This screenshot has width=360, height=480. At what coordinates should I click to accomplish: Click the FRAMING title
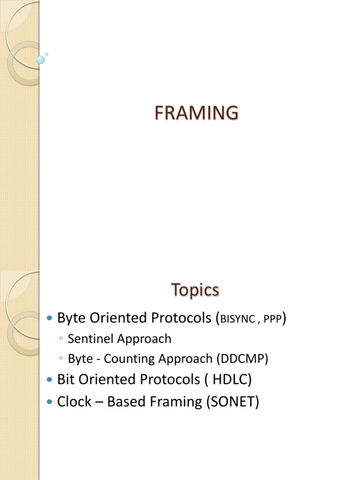(196, 113)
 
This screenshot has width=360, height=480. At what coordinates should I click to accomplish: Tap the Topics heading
(195, 290)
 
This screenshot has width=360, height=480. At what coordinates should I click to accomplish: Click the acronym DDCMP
(242, 359)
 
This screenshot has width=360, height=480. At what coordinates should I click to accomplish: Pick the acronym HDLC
(232, 379)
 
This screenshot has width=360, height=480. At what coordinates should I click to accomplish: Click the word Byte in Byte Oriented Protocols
(70, 318)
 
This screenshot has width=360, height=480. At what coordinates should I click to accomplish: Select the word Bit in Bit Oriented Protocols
(66, 379)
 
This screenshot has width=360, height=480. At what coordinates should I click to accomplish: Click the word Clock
(74, 402)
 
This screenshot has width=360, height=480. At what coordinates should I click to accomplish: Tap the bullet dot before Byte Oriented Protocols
(50, 319)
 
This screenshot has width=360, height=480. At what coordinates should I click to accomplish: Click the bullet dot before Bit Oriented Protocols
(50, 380)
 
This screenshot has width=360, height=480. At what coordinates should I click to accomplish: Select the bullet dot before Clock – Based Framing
(50, 402)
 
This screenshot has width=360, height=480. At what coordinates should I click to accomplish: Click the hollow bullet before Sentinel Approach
(61, 339)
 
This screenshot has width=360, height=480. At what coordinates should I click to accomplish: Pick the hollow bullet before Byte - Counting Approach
(61, 359)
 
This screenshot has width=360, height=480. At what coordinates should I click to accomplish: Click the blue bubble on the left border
(40, 60)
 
